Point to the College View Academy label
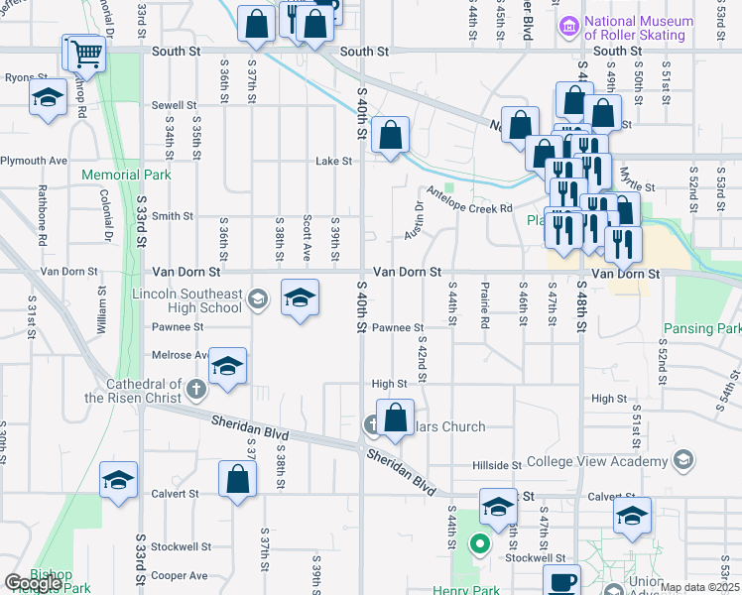pyautogui.click(x=596, y=461)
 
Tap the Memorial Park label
pyautogui.click(x=126, y=176)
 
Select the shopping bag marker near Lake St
pyautogui.click(x=392, y=134)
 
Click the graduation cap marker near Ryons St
pyautogui.click(x=47, y=99)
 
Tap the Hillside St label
pyautogui.click(x=496, y=465)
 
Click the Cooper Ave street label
pyautogui.click(x=180, y=575)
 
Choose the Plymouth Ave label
pyautogui.click(x=34, y=161)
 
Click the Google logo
pyautogui.click(x=33, y=583)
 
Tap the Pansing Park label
pyautogui.click(x=704, y=328)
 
